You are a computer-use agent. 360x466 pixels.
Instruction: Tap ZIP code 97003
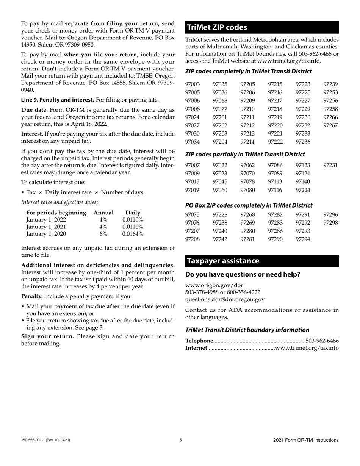[192, 84]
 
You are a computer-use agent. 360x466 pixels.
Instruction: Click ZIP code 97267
[330, 125]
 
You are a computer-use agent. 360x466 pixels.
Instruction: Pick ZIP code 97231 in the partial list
[330, 165]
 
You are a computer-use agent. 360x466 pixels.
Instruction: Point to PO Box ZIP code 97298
[330, 223]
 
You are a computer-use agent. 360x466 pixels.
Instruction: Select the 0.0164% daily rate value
[133, 234]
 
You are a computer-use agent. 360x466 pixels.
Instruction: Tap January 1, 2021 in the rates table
[46, 227]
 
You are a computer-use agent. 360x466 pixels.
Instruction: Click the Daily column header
[133, 213]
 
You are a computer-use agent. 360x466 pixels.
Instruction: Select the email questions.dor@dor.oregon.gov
[225, 299]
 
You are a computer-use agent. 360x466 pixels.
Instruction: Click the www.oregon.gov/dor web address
[214, 285]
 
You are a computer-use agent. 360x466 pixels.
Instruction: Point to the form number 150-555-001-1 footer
[45, 440]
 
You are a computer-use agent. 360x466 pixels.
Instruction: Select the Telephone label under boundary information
[199, 341]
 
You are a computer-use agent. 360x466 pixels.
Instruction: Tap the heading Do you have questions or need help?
[243, 274]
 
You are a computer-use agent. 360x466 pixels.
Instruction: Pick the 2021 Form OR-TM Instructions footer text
[306, 440]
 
